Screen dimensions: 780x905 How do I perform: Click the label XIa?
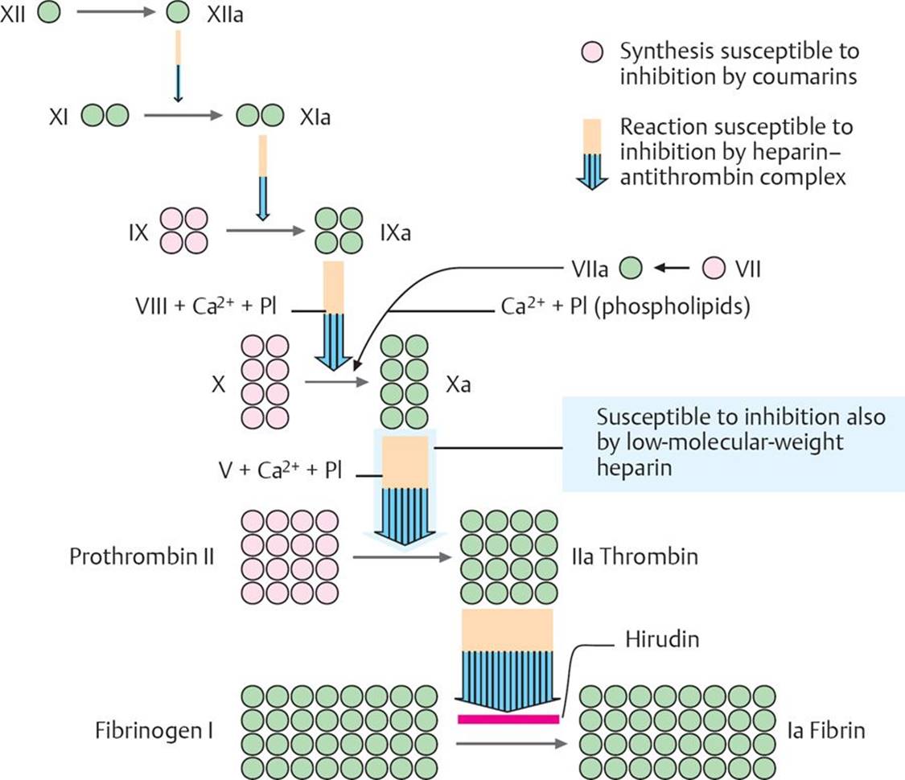[315, 117]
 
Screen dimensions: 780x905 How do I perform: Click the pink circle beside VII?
[713, 268]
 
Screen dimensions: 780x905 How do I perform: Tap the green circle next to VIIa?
[631, 268]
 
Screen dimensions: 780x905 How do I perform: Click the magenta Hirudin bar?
[508, 718]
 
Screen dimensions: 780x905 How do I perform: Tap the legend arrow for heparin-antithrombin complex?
[593, 153]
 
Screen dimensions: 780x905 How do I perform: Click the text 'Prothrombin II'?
[142, 556]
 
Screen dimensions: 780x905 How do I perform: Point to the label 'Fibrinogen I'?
[154, 732]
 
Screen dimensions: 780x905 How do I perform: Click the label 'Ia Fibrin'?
[825, 732]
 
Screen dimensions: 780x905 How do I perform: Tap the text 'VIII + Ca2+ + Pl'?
[207, 307]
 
